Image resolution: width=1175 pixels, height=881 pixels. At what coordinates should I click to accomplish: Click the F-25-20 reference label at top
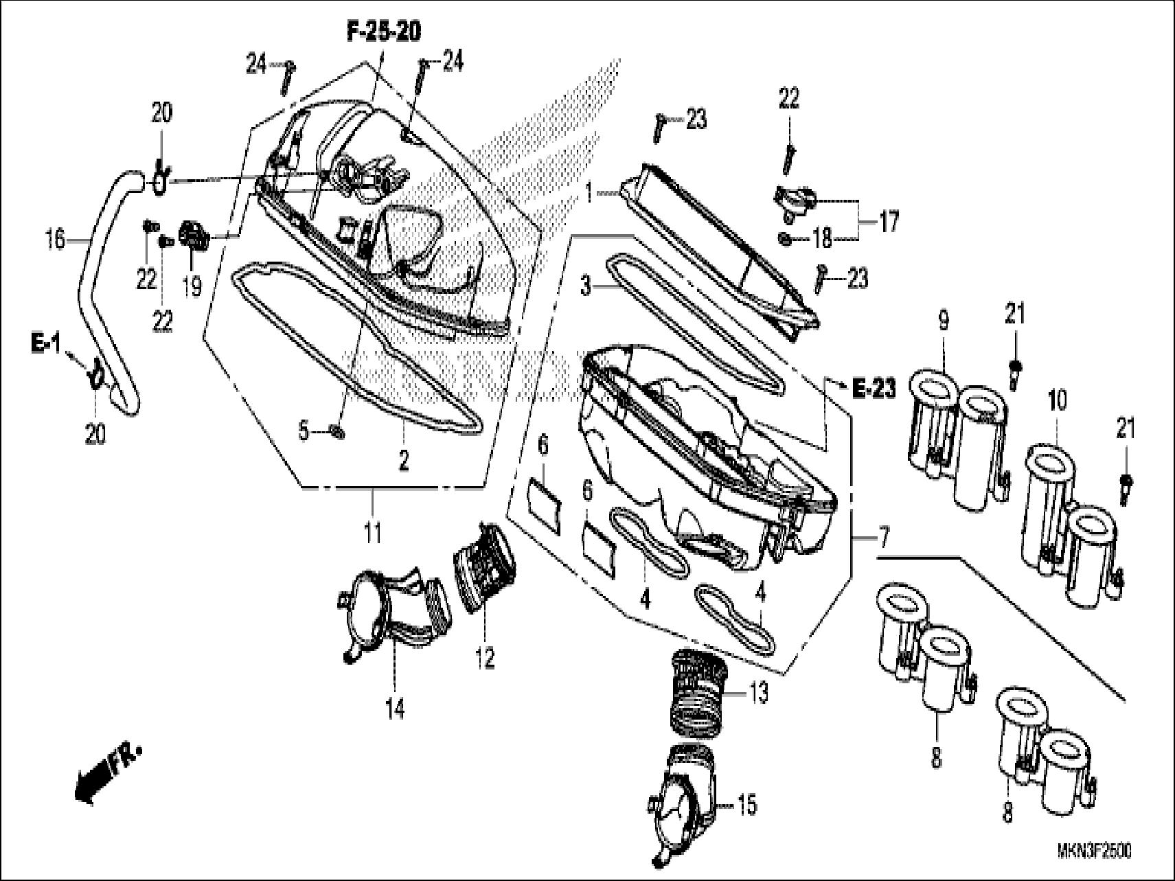383,32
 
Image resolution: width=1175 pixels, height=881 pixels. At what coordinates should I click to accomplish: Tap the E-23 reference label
874,389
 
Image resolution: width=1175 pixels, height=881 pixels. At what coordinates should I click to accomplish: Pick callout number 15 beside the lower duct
747,804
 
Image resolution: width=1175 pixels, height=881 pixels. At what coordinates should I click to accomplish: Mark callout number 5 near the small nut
304,432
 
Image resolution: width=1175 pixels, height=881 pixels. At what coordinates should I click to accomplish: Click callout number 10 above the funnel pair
1058,400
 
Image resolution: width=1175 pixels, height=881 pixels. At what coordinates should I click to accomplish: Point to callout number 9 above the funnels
944,321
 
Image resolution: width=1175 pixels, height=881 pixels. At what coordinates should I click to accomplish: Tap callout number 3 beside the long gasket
585,285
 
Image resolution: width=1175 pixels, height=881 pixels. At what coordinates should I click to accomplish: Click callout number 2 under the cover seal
404,460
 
